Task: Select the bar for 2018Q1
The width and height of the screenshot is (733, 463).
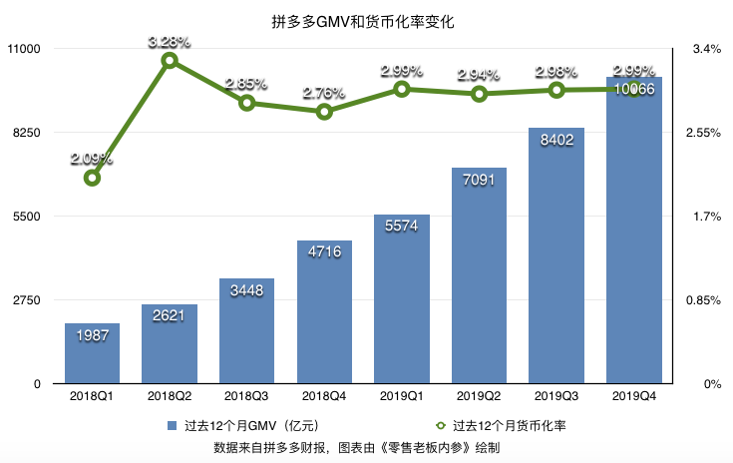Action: point(92,354)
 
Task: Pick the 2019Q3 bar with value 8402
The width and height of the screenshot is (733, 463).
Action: point(556,255)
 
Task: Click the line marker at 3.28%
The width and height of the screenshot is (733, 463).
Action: point(170,61)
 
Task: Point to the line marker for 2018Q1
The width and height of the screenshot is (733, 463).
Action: point(92,178)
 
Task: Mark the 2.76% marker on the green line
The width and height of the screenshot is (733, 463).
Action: point(324,112)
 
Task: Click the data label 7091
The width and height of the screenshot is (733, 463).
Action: point(479,183)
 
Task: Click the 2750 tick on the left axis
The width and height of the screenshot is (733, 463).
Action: point(25,300)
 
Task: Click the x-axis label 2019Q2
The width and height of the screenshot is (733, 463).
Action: point(479,397)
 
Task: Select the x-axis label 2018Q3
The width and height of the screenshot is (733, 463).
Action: point(246,397)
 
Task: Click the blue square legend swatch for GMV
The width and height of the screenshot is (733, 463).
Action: point(173,424)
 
